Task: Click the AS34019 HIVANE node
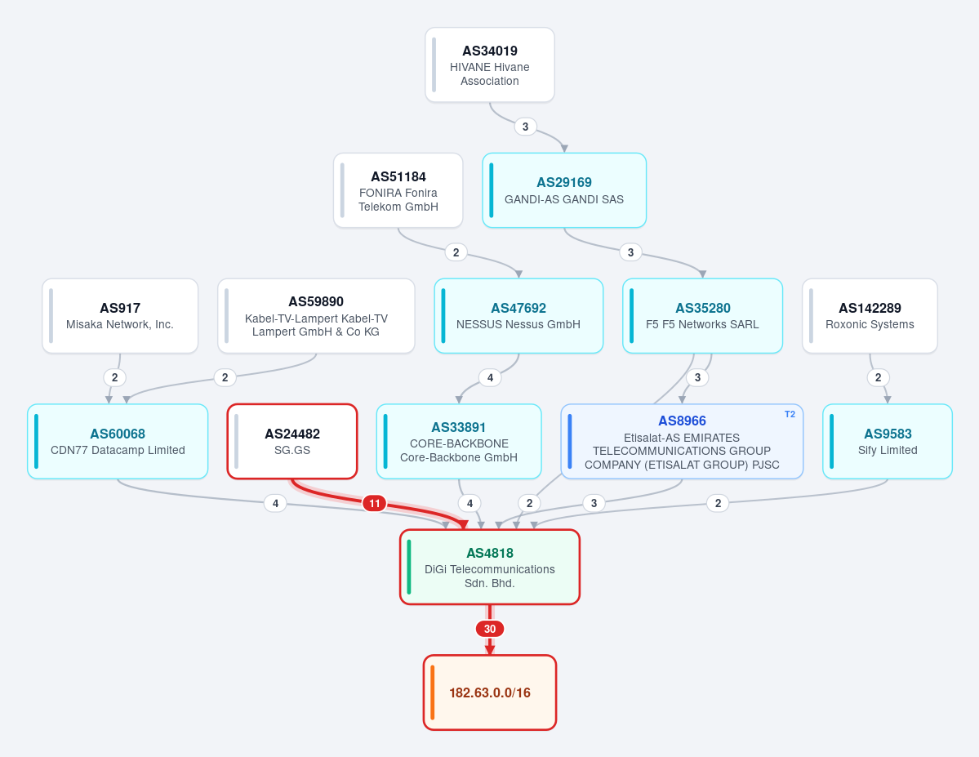coord(490,65)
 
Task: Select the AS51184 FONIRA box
coord(398,190)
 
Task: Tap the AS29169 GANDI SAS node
coord(563,190)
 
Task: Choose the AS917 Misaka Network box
coord(120,316)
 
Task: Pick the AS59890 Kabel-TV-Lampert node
coord(316,316)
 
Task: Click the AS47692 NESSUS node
coord(518,316)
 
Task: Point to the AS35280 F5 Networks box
coord(702,316)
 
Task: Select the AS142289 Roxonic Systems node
coord(870,316)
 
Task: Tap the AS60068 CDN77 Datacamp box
coord(118,442)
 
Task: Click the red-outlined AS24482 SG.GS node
coord(292,442)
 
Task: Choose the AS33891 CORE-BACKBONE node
coord(459,442)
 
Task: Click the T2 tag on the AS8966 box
coord(790,414)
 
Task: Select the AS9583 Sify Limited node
coord(888,442)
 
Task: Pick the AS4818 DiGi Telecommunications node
coord(490,567)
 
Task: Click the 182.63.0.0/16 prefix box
coord(490,692)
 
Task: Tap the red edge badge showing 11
coord(375,503)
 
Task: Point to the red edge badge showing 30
coord(490,629)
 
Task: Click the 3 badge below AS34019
coord(525,127)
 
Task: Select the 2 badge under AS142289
coord(878,377)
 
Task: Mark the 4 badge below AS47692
coord(490,377)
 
